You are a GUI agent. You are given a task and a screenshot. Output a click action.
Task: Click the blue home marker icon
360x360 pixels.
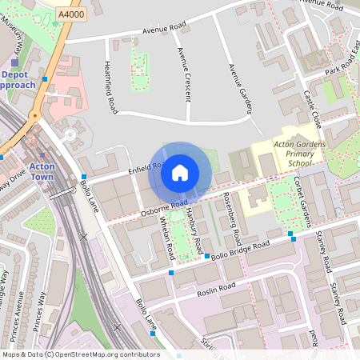tap(180, 172)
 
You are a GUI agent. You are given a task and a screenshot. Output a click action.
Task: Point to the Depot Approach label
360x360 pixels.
tap(17, 79)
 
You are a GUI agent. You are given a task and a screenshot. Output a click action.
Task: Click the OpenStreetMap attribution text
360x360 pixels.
tap(80, 354)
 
